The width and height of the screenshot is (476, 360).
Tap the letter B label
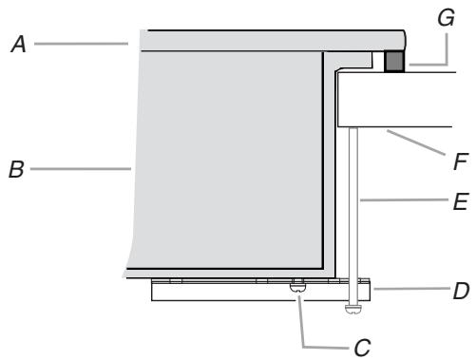coord(16,171)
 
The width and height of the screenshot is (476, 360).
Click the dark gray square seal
coord(394,63)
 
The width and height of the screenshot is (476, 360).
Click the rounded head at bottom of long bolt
coord(353,308)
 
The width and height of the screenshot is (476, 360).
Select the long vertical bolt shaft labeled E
coord(353,209)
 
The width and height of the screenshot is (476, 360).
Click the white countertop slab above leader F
coord(409,100)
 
